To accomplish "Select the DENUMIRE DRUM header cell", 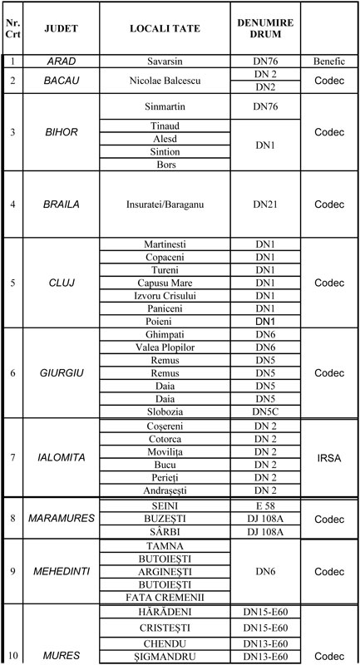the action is [x=266, y=28].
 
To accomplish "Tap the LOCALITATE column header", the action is [x=163, y=28].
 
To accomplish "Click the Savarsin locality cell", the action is [x=163, y=62].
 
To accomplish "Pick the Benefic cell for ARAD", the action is [x=328, y=62].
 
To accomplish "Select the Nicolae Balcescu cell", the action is [x=163, y=81].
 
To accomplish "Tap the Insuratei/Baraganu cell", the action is [x=163, y=204].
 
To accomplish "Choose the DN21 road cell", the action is [x=266, y=204].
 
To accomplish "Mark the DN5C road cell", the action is [x=266, y=412].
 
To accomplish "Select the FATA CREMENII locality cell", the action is [x=163, y=596].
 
